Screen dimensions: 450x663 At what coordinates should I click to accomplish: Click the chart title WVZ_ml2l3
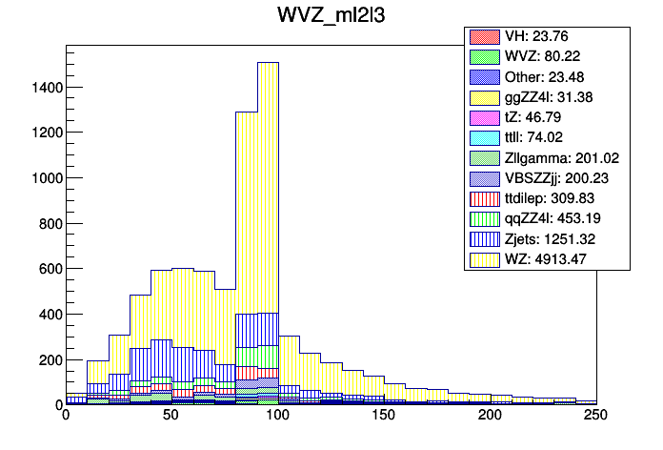pos(331,18)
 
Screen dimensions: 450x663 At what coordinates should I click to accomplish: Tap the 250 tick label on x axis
pos(595,417)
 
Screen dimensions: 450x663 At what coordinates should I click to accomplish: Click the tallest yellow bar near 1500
pos(268,191)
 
